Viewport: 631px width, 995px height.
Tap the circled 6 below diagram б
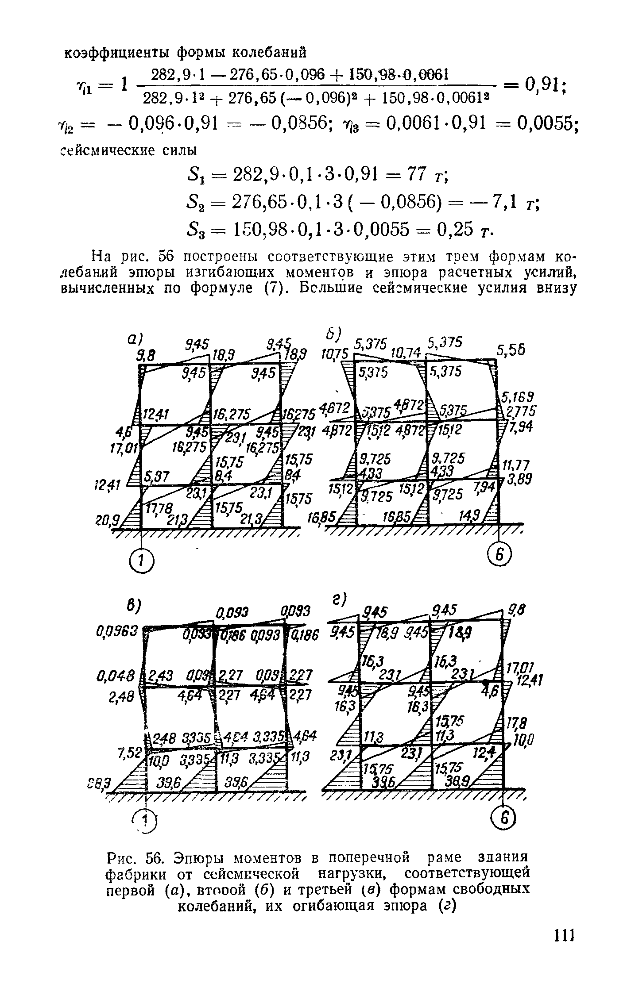499,553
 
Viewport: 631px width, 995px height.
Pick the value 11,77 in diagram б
513,465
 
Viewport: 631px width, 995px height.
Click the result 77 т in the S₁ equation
425,175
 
